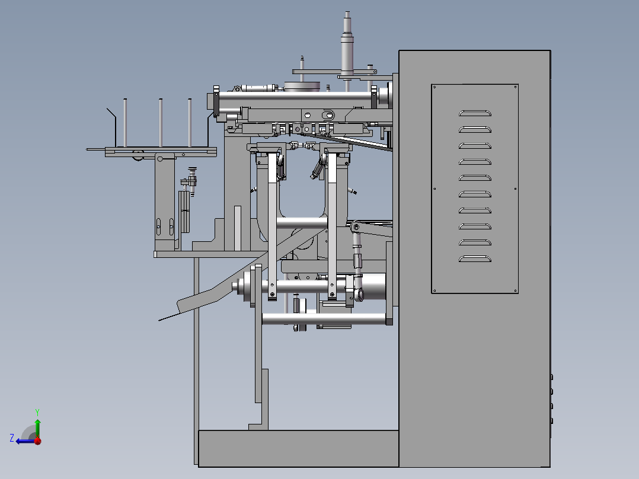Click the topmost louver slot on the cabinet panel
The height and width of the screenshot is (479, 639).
click(475, 113)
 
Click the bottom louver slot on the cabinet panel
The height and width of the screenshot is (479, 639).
click(475, 258)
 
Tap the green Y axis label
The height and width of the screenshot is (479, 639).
click(37, 412)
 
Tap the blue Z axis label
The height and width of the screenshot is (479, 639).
click(12, 438)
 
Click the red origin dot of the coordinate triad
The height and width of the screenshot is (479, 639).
click(37, 440)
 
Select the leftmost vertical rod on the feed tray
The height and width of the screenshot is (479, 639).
click(125, 122)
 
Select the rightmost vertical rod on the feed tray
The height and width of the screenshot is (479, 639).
click(190, 122)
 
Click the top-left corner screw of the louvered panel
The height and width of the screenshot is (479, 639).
click(434, 87)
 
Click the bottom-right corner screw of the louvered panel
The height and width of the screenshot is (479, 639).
click(516, 290)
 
